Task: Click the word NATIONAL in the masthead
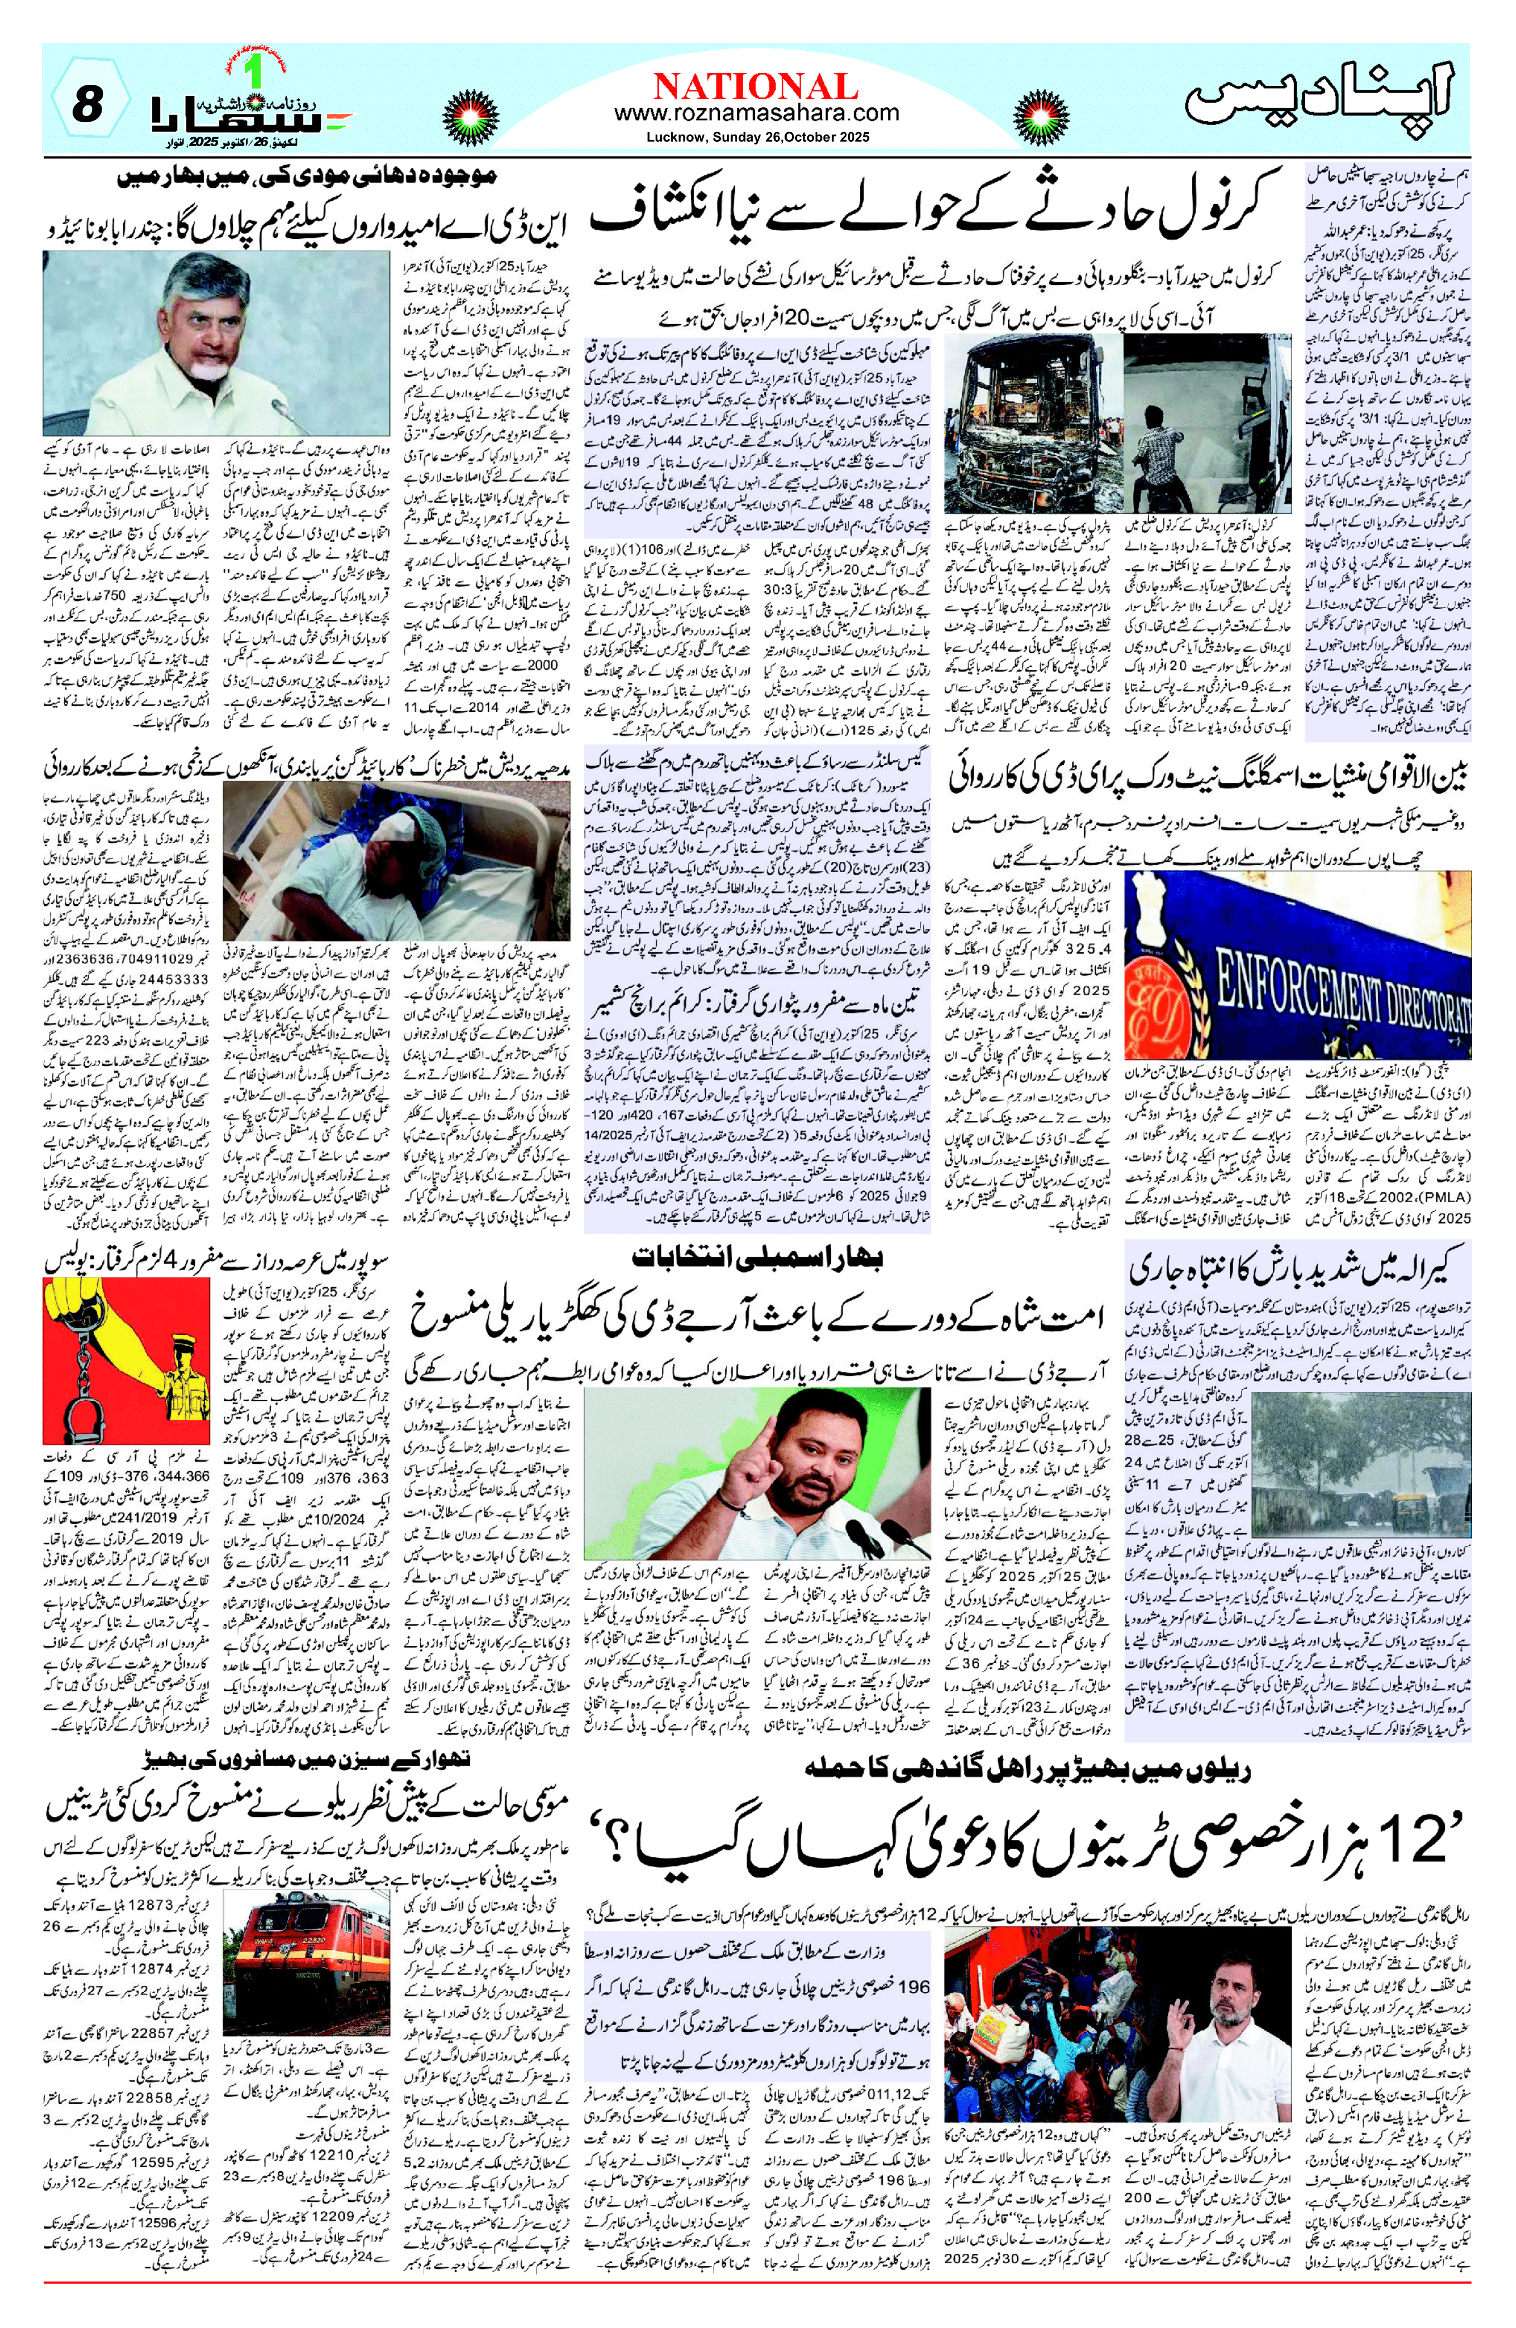click(x=756, y=85)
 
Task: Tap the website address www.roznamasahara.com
click(x=756, y=113)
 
